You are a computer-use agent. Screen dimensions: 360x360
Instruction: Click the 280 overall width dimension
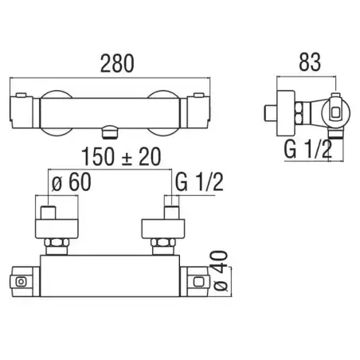point(117,64)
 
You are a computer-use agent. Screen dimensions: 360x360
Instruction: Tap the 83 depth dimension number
point(310,62)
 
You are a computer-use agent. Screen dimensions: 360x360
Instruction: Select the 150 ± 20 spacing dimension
point(121,157)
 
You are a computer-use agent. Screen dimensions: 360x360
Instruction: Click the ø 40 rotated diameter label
point(221,271)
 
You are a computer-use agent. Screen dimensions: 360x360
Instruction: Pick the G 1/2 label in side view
point(308,150)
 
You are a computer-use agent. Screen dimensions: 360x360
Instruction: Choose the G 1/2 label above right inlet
point(199,182)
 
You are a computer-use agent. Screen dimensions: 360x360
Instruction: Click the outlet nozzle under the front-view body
point(109,132)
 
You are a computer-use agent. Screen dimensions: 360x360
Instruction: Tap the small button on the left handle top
point(21,95)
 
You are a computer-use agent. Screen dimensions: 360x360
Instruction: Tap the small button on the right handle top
point(199,95)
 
